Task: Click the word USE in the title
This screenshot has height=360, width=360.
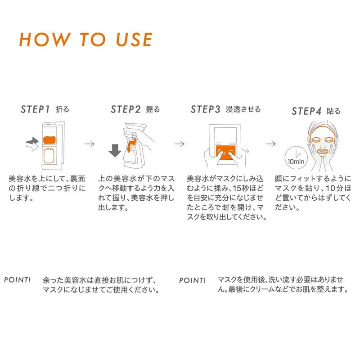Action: point(134,40)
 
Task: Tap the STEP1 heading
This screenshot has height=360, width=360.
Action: point(35,109)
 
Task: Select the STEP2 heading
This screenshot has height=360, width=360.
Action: point(126,109)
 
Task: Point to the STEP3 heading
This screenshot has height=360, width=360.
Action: point(205,109)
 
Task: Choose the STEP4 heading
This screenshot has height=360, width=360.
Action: point(306,111)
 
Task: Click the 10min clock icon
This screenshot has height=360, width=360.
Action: point(296,158)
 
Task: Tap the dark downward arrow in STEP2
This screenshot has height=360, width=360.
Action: point(115,150)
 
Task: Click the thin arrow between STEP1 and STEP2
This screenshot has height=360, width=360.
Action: point(90,144)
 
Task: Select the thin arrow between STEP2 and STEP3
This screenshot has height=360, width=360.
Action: point(179,144)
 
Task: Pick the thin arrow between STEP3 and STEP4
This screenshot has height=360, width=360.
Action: point(271,144)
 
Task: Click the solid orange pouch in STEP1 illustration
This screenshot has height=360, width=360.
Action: point(49,140)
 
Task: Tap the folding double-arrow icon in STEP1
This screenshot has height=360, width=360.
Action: point(32,144)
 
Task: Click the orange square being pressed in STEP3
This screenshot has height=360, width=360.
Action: point(226,152)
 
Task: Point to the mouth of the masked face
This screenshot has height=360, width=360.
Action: point(323,152)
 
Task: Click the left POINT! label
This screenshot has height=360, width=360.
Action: point(17,280)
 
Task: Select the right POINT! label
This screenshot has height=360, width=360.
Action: point(192,280)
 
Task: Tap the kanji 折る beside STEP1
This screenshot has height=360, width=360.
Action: point(62,109)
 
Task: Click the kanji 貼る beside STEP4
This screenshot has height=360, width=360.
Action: point(333,111)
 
